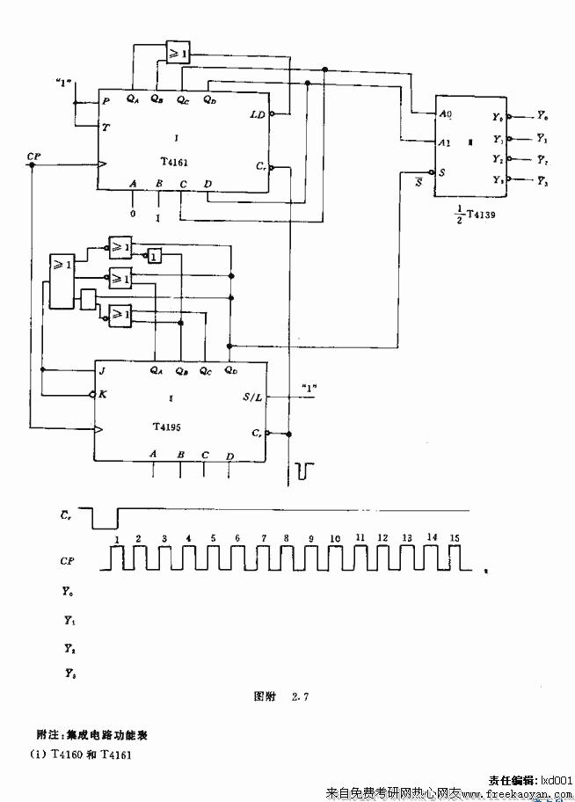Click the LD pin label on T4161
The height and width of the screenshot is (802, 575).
pyautogui.click(x=257, y=115)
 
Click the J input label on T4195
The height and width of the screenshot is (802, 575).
pyautogui.click(x=103, y=371)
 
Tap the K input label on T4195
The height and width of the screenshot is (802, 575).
pyautogui.click(x=103, y=394)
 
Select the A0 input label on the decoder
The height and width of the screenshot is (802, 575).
pyautogui.click(x=445, y=115)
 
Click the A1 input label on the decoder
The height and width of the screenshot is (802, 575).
pyautogui.click(x=445, y=142)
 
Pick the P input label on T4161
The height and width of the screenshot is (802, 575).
pyautogui.click(x=106, y=102)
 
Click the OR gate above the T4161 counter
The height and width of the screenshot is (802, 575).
pyautogui.click(x=178, y=53)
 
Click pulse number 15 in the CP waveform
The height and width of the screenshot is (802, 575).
pyautogui.click(x=454, y=536)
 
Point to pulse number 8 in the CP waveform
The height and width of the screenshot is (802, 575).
pyautogui.click(x=286, y=536)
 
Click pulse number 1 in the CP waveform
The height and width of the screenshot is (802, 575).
pyautogui.click(x=117, y=536)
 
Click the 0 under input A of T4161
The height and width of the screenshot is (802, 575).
pyautogui.click(x=132, y=213)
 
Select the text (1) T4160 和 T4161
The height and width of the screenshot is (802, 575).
pyautogui.click(x=84, y=754)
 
